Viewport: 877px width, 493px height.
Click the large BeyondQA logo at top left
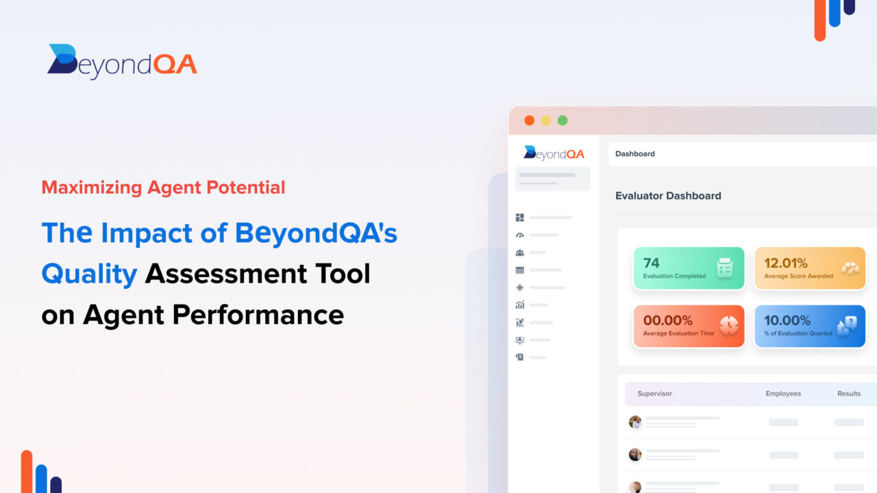(x=122, y=62)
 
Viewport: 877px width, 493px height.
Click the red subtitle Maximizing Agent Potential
(x=163, y=187)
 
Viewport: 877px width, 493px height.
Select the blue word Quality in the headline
(x=89, y=274)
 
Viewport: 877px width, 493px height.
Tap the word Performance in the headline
(x=258, y=315)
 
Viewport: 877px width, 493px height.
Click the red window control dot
(x=529, y=121)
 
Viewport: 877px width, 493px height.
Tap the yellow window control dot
(x=546, y=121)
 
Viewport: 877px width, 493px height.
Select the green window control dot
(x=563, y=121)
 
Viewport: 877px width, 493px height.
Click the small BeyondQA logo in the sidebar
(x=554, y=153)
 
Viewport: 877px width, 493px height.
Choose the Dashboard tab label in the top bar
(x=634, y=154)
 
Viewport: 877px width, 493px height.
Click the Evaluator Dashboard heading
(x=668, y=196)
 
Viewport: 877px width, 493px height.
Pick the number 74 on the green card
(x=652, y=263)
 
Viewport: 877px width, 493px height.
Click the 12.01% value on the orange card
(x=786, y=263)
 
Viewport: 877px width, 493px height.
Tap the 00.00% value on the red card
(x=667, y=320)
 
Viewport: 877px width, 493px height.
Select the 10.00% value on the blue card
(x=787, y=320)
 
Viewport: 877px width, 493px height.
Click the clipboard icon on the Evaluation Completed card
(x=725, y=268)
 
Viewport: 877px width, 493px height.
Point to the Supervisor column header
(x=654, y=394)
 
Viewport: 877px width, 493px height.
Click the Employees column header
(x=783, y=394)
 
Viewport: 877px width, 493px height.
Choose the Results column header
(x=849, y=394)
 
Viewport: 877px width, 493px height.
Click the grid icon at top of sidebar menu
(x=519, y=218)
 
